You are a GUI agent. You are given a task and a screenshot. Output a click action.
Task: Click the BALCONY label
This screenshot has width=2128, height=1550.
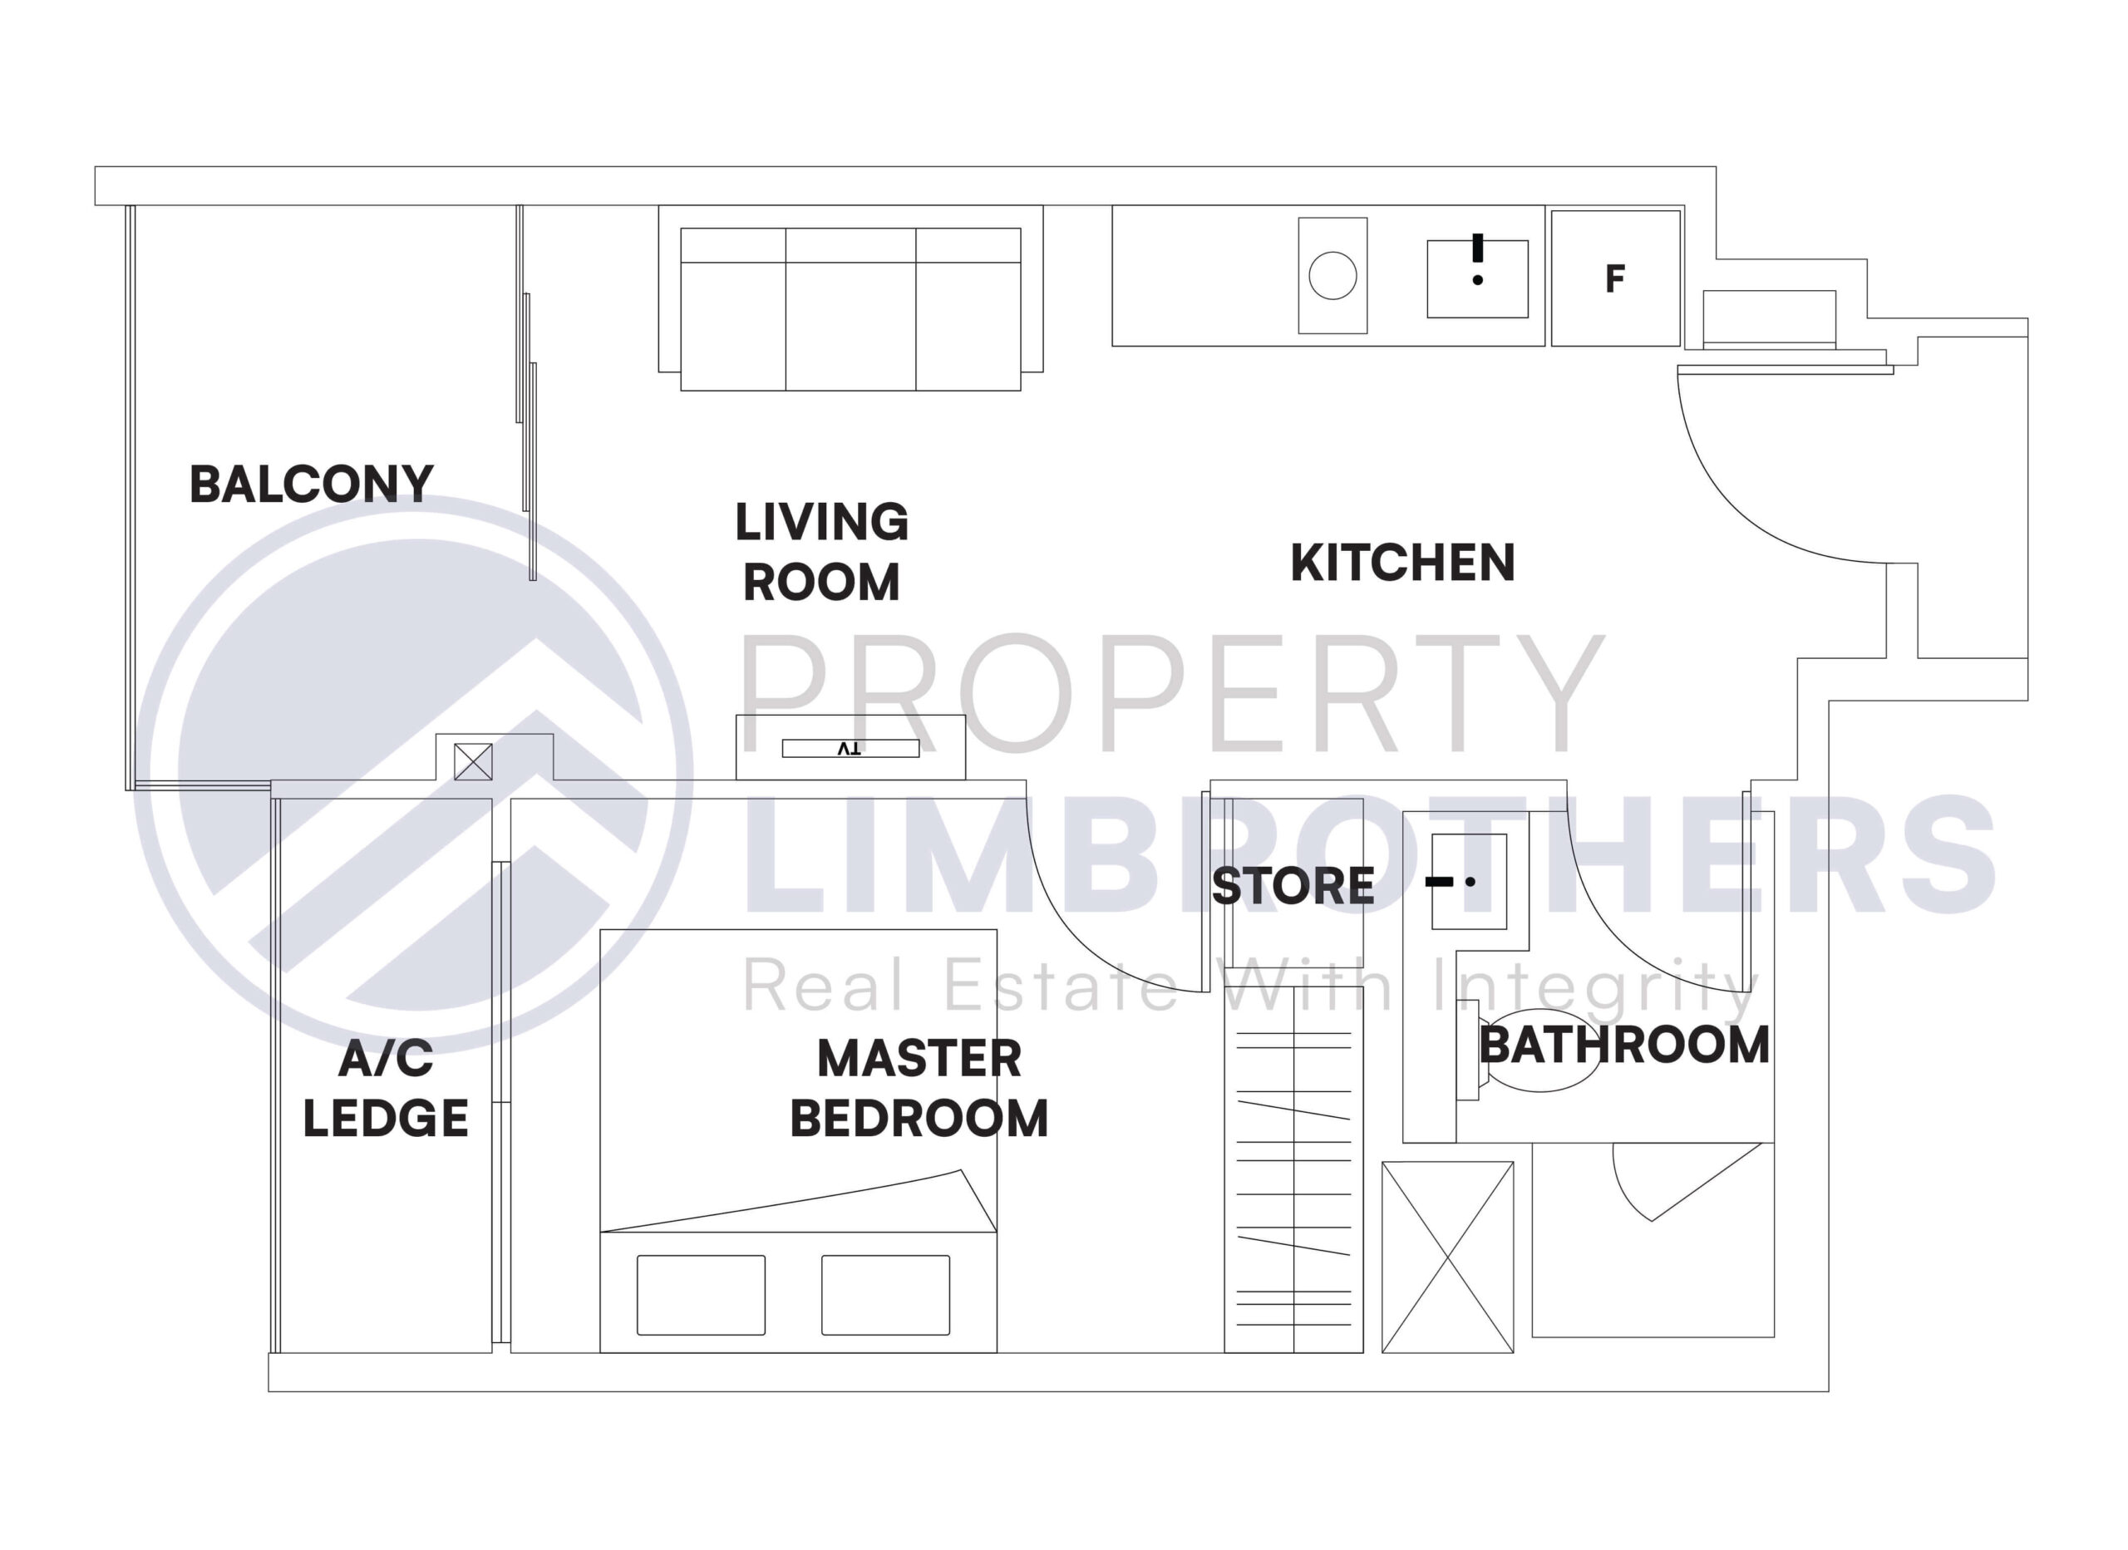[x=312, y=485]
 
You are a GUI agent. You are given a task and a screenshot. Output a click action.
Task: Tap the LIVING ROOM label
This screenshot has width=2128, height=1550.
[x=821, y=552]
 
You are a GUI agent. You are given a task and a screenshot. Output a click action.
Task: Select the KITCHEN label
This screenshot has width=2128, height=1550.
[x=1401, y=563]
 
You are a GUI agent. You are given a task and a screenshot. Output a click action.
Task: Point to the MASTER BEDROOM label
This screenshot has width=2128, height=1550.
[x=919, y=1089]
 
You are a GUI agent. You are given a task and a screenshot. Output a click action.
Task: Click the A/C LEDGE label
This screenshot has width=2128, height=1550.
[x=386, y=1089]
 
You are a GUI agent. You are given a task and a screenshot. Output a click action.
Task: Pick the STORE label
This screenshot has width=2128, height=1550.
[x=1292, y=886]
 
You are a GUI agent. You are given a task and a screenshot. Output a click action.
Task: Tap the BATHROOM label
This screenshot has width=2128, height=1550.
[x=1624, y=1046]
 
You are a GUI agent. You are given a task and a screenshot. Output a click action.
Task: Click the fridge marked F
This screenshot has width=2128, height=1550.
[x=1615, y=278]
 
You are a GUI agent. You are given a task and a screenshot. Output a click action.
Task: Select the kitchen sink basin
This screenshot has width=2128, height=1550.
[x=1477, y=279]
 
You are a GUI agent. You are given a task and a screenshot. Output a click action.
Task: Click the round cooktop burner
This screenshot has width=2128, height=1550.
[x=1332, y=276]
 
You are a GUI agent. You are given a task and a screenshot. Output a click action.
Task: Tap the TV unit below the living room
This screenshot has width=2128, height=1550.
[x=850, y=748]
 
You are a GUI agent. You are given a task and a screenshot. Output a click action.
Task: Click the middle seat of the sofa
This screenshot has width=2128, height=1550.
[x=850, y=325]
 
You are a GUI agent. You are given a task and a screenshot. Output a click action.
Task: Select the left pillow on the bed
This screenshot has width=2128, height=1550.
[x=701, y=1295]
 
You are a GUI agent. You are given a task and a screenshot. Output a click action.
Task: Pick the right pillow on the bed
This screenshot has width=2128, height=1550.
[x=884, y=1295]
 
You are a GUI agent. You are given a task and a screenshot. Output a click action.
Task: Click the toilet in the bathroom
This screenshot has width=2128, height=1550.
[x=1539, y=1051]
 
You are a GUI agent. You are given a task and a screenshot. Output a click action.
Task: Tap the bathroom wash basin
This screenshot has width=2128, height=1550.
[x=1468, y=881]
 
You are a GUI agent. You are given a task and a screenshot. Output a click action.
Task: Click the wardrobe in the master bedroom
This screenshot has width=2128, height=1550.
[x=1293, y=1182]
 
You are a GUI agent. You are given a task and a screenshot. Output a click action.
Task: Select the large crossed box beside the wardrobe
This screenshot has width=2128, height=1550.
[x=1447, y=1257]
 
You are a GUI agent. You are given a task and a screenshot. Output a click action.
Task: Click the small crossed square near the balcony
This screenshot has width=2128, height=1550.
[x=473, y=762]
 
